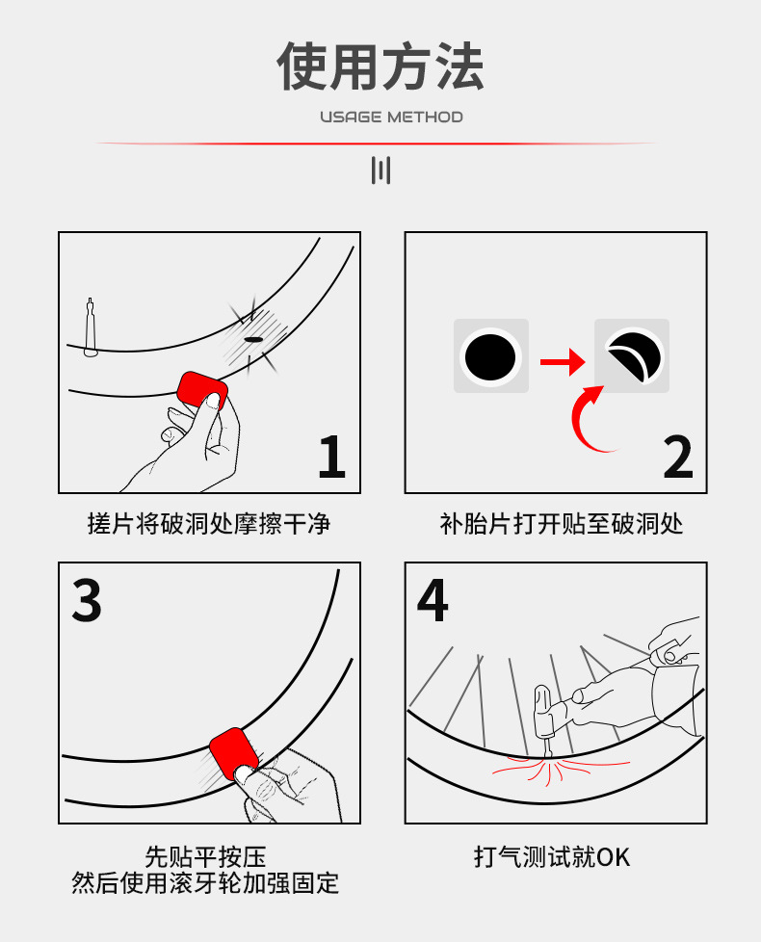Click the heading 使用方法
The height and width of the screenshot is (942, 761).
click(380, 66)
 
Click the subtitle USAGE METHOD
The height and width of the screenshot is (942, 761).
click(392, 117)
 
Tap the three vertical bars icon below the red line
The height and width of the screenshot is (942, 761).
click(380, 170)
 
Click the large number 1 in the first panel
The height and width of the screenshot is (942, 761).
click(332, 458)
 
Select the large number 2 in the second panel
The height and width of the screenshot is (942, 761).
click(678, 458)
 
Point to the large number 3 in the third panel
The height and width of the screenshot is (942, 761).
click(87, 599)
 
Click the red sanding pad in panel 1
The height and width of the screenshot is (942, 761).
click(201, 390)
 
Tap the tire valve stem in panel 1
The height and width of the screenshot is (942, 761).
click(91, 327)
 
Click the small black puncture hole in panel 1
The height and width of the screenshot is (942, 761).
click(253, 339)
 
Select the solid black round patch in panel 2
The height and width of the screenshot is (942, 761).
click(490, 356)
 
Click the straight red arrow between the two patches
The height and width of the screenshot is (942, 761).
click(563, 361)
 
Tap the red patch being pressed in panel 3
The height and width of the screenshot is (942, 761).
click(233, 753)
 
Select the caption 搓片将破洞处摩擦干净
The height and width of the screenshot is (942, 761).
click(209, 524)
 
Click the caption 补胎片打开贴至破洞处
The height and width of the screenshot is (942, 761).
click(562, 524)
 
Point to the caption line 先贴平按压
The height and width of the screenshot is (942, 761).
click(205, 856)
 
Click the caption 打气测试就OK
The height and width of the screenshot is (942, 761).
click(552, 856)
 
